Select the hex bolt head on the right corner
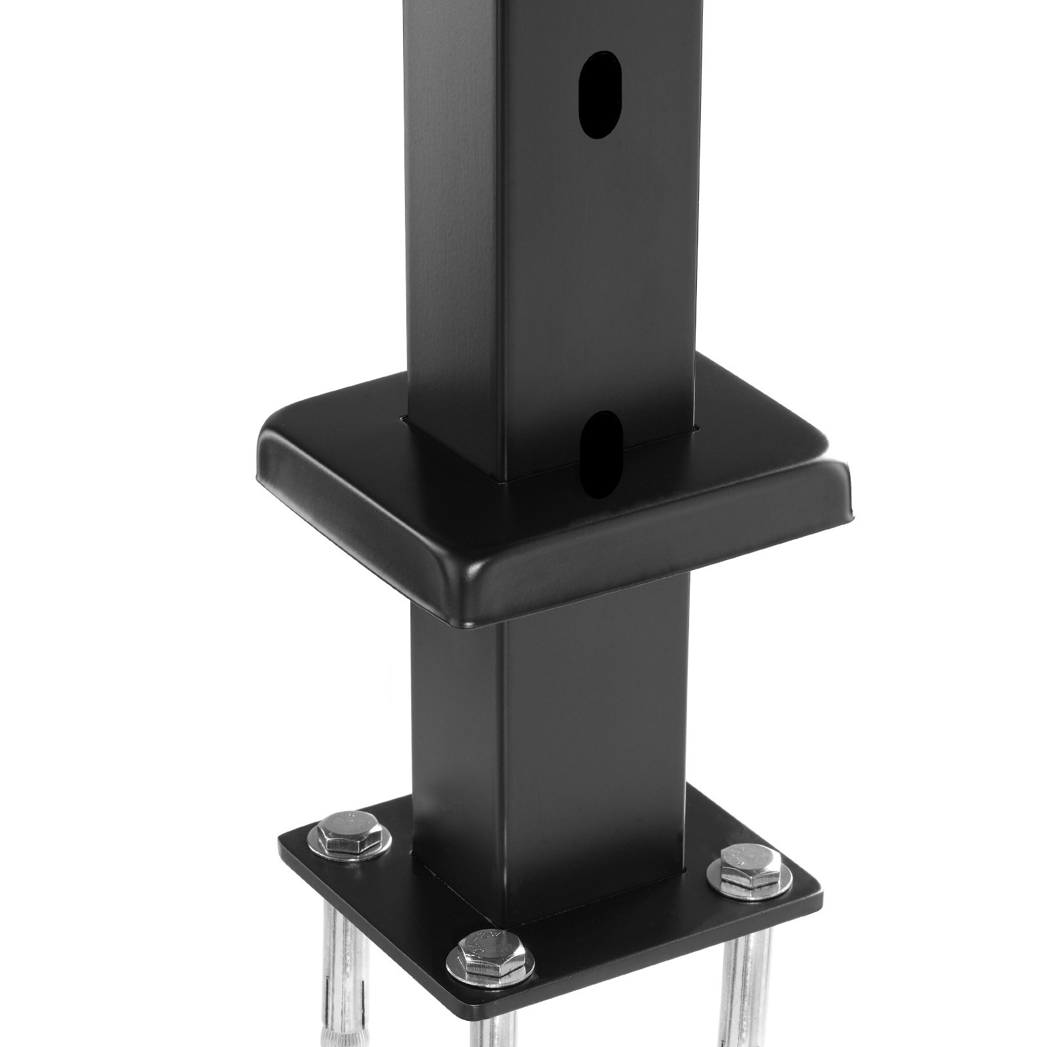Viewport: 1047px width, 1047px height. (744, 873)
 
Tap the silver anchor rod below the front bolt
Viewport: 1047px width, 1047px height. (488, 1021)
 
